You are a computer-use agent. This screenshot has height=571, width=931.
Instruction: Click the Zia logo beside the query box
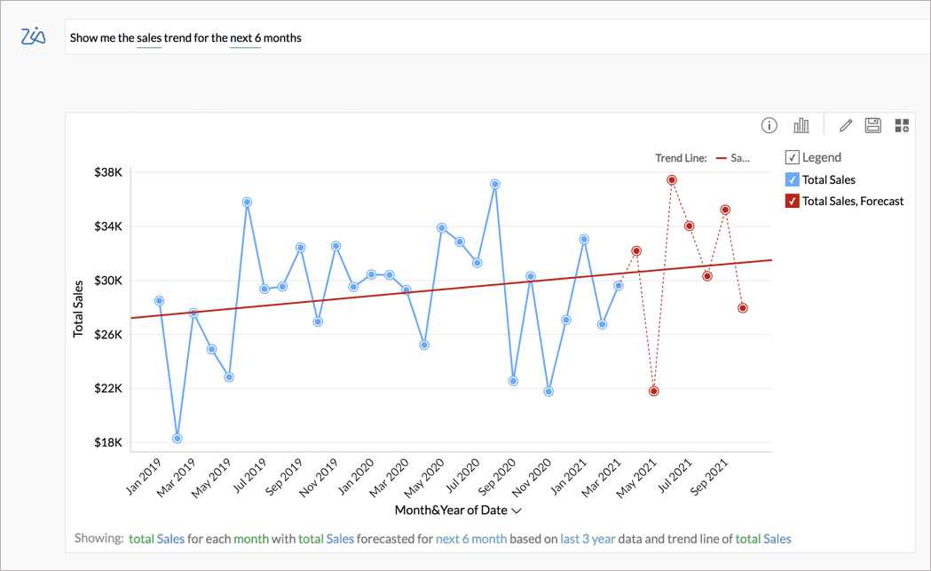click(33, 36)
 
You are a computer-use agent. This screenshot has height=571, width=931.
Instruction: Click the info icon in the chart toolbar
click(769, 125)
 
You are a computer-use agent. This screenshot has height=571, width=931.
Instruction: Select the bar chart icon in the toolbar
click(801, 125)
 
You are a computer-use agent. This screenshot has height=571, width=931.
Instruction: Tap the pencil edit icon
click(846, 125)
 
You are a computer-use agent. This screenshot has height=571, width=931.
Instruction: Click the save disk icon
click(873, 125)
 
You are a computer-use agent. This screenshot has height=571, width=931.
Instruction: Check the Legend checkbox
click(793, 157)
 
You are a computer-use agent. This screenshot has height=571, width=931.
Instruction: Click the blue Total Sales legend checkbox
click(793, 179)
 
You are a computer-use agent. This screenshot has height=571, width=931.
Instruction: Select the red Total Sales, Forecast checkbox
click(793, 201)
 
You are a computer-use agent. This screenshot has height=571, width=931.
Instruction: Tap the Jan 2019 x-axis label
click(144, 476)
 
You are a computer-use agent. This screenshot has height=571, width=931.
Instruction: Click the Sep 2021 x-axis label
click(711, 476)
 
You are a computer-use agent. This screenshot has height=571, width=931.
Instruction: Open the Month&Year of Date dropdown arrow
click(517, 511)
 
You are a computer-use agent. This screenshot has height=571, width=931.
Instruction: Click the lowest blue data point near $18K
click(178, 439)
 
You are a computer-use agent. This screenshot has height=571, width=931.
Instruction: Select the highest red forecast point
click(672, 180)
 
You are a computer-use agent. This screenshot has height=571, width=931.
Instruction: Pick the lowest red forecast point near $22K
click(654, 391)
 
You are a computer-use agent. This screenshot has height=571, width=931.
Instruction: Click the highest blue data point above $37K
click(495, 184)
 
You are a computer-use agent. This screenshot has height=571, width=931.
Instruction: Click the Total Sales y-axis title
click(78, 308)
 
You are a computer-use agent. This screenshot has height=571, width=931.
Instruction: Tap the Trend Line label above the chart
click(681, 158)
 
